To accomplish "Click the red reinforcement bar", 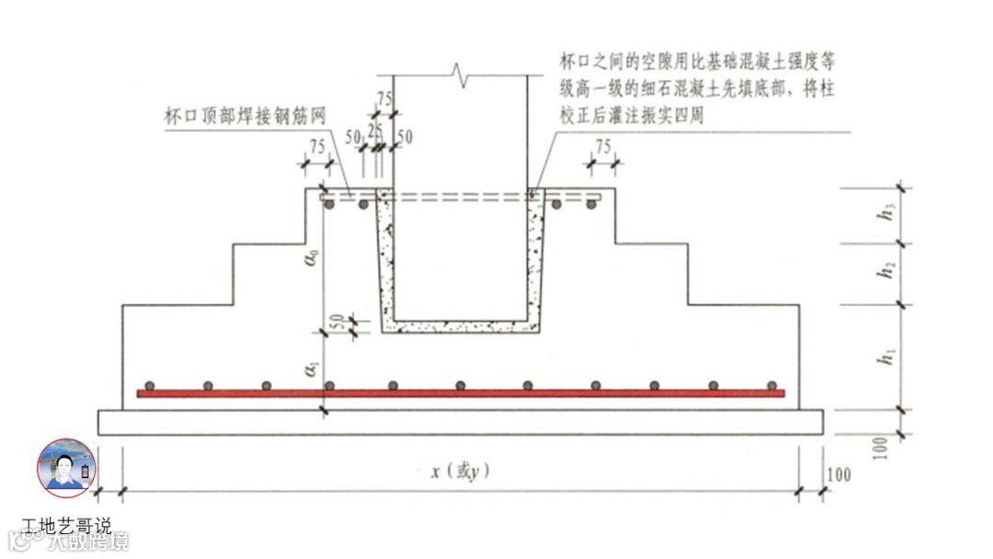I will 460,394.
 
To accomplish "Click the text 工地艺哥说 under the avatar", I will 66,527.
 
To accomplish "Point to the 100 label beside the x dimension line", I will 838,474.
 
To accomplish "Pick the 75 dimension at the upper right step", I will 603,146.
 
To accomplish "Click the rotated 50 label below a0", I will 337,324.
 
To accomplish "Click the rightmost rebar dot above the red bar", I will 773,385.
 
